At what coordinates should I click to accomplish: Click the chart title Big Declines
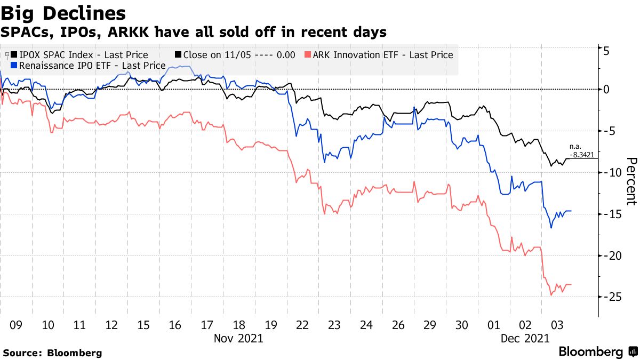[63, 13]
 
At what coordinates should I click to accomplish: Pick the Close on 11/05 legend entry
[235, 55]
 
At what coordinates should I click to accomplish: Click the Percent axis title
[631, 181]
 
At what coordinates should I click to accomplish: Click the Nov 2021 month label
[238, 338]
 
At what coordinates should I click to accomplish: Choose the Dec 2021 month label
[525, 338]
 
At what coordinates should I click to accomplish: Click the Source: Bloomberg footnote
[52, 353]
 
